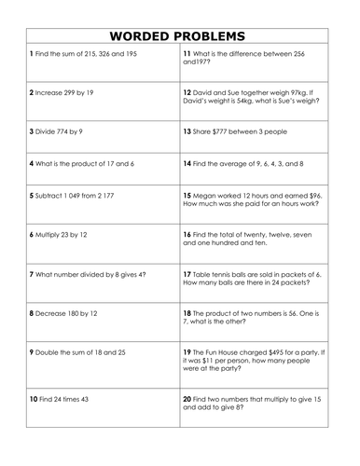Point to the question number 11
tap(187, 55)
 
